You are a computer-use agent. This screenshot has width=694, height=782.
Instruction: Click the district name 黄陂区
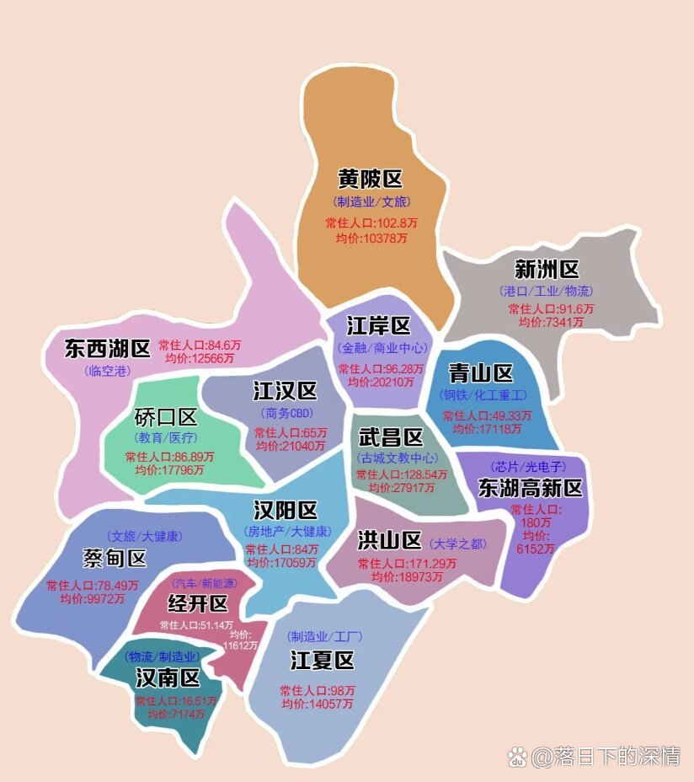point(370,179)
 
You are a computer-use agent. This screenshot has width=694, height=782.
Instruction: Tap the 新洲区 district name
point(547,270)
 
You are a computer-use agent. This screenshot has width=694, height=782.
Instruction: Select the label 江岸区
point(378,326)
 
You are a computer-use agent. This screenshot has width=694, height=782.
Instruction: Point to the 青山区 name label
point(481,373)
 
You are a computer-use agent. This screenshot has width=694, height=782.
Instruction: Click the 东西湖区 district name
point(107,348)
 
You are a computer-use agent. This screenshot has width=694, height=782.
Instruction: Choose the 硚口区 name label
point(166,417)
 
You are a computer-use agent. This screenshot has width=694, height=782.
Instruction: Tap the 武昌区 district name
point(391,437)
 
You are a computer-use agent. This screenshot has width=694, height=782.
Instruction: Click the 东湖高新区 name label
point(531,488)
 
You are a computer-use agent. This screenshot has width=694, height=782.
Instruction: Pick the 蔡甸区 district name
point(115,558)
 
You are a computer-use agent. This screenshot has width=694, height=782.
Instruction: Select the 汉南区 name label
point(168,678)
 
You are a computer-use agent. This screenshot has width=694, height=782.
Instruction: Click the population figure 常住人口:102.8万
point(371,223)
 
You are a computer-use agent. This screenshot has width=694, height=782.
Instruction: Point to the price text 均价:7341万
point(551,322)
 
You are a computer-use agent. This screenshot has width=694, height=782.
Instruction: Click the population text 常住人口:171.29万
point(408,563)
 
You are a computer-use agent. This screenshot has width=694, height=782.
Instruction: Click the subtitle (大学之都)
point(457,544)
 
